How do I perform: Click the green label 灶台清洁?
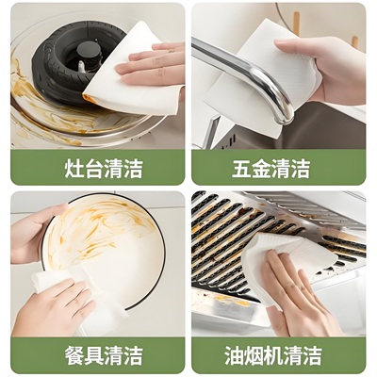click(97, 168)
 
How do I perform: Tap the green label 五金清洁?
click(278, 168)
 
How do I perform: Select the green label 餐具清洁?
click(97, 355)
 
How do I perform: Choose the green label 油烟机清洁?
click(278, 355)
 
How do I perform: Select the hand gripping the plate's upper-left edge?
click(33, 231)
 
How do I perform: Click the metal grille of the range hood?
click(226, 236)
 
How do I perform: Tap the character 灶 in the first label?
click(61, 168)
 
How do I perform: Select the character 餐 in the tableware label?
click(61, 355)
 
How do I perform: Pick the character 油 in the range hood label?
click(236, 355)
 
